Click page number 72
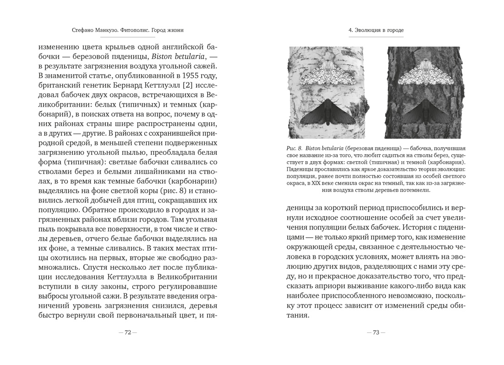(x=128, y=332)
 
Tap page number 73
(x=376, y=332)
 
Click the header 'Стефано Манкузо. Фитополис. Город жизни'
(x=128, y=30)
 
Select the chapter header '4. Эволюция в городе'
(x=376, y=30)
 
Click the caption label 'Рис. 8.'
(x=293, y=149)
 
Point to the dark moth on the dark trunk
(x=422, y=114)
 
